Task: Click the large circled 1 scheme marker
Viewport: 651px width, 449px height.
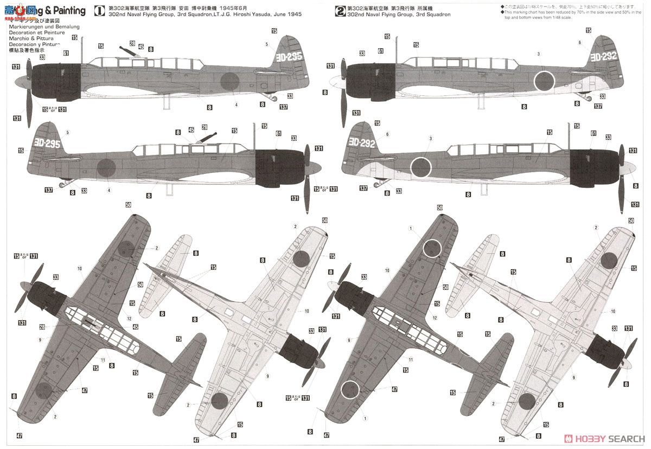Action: click(x=98, y=9)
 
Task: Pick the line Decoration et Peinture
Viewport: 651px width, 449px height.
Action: click(x=37, y=32)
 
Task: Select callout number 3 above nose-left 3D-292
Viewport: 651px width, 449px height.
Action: click(x=538, y=54)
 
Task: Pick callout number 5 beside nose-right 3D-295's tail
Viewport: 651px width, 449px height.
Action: click(x=67, y=132)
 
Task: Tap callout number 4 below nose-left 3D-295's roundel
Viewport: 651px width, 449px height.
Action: click(x=237, y=105)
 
